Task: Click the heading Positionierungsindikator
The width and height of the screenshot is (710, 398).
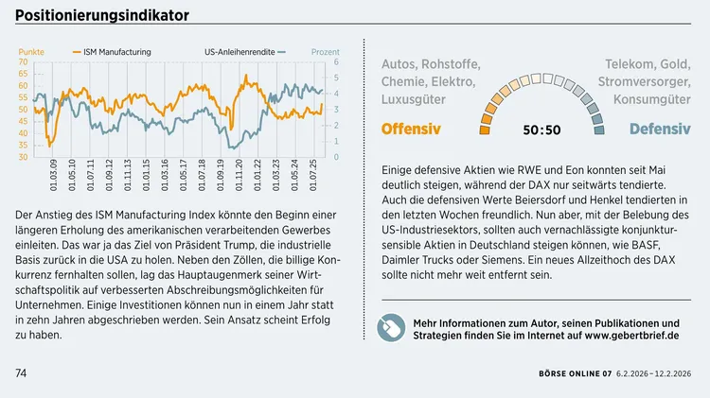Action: [101, 15]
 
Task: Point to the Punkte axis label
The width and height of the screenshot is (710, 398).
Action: [31, 51]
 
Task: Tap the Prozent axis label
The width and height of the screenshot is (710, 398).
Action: [325, 51]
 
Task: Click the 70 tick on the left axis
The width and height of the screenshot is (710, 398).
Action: [23, 62]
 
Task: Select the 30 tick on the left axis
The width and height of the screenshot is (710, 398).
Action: [23, 157]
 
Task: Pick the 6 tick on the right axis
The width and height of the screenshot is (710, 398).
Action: [336, 62]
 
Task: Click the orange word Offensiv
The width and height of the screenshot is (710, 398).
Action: [411, 129]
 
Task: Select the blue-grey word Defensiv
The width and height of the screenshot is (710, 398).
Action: [659, 129]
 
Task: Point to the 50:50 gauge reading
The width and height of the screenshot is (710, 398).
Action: [541, 130]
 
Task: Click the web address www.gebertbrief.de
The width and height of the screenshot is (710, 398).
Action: [631, 336]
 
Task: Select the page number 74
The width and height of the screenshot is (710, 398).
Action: [21, 373]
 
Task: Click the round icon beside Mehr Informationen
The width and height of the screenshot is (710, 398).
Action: [391, 328]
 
